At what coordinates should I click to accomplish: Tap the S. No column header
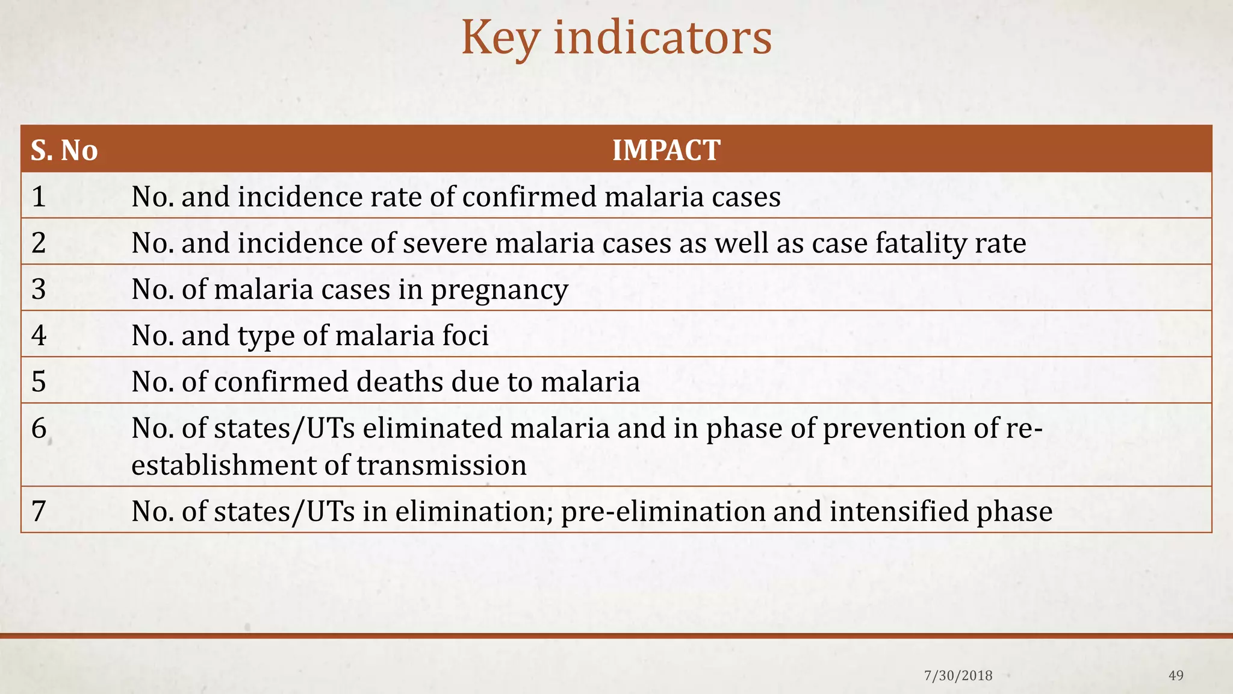tap(64, 150)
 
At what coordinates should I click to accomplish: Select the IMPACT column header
tap(666, 150)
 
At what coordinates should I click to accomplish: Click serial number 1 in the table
tap(39, 197)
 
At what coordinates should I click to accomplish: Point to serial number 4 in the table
tap(39, 336)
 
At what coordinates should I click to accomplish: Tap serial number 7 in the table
tap(39, 511)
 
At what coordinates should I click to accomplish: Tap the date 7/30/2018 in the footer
tap(958, 676)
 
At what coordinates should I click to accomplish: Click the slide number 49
tap(1175, 676)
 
